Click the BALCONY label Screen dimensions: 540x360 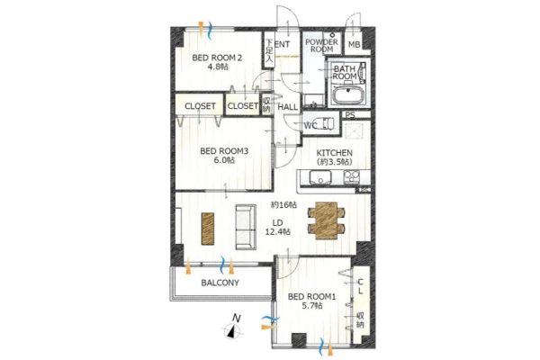coord(220,283)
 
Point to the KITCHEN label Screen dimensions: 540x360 coord(334,152)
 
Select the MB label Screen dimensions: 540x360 coord(354,44)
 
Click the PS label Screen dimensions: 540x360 coord(350,115)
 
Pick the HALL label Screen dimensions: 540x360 coord(288,107)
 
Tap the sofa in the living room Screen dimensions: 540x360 coord(246,227)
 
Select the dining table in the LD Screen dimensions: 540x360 coord(326,220)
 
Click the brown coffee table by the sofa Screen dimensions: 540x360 coord(207,229)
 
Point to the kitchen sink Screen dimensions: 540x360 coord(319,178)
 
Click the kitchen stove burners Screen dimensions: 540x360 coord(351,176)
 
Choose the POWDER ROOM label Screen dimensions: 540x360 coord(321,46)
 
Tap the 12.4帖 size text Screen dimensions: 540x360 coord(277,232)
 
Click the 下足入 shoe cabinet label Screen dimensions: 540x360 coord(269,51)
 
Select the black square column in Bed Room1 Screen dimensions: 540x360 coord(299,340)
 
